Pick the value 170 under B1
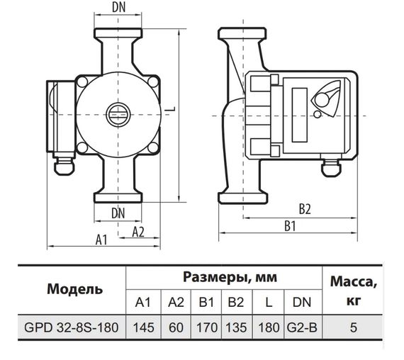pos(206,329)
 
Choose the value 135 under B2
pos(237,329)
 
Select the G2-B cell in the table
pos(301,329)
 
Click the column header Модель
pos(74,289)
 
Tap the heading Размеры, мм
pos(224,276)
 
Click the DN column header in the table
pos(301,303)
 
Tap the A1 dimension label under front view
pos(101,240)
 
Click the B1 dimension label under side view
pos(289,226)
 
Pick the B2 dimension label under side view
pos(305,210)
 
